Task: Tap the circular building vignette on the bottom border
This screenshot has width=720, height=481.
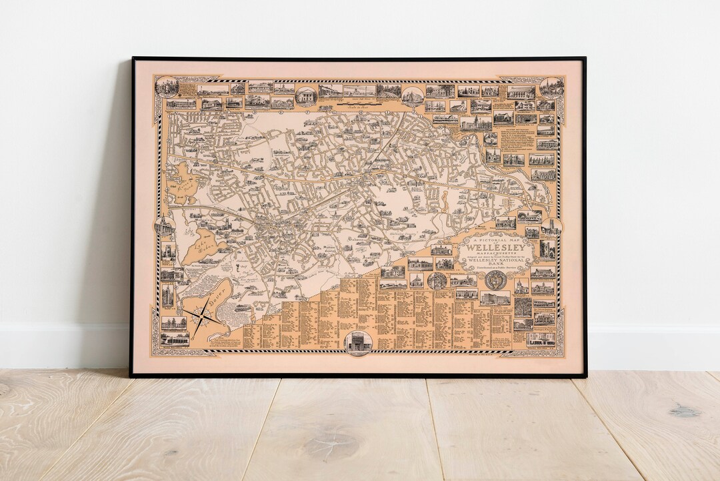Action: (x=357, y=343)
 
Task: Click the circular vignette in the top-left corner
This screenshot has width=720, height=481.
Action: (x=166, y=87)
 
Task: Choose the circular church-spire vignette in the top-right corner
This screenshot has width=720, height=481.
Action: (x=551, y=87)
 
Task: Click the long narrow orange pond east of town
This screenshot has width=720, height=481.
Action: (x=439, y=199)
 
